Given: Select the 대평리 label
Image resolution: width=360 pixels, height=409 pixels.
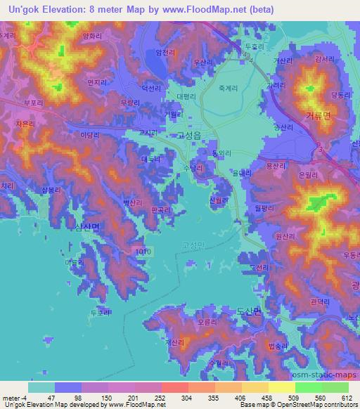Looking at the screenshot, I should [186, 96].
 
